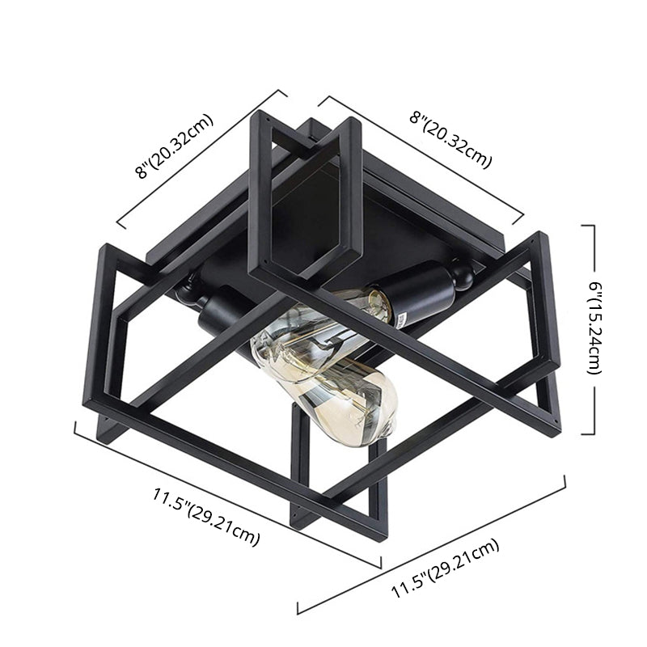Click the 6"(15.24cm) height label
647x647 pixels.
594,328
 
